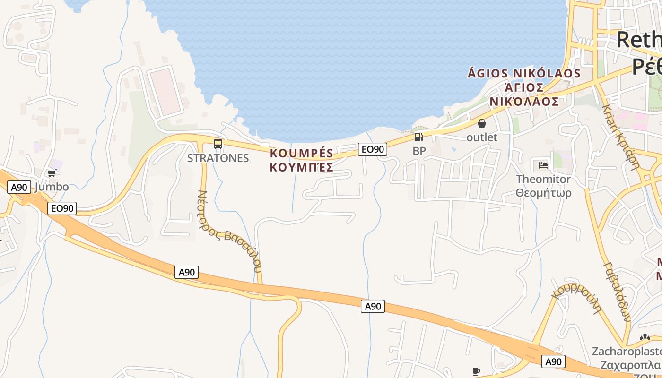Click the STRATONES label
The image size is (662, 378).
pos(218,158)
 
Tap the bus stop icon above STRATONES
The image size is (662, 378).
pos(218,144)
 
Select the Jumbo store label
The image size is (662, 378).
pos(52,187)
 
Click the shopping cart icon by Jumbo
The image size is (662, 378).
pos(52,173)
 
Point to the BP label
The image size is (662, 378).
pos(419,151)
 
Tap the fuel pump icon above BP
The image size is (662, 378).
pos(418,137)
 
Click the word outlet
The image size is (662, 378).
pos(482,137)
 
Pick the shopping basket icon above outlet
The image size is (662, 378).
pos(482,123)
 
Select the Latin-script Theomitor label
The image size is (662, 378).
pos(543,179)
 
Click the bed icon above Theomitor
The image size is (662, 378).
pos(543,165)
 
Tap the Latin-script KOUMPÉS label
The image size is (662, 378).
pos(302,153)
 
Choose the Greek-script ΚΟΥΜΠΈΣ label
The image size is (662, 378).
pos(302,167)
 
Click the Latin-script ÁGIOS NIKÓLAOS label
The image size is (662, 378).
pos(524,73)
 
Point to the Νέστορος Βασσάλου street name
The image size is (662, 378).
pos(231,231)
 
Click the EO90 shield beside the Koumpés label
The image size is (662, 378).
pos(373,149)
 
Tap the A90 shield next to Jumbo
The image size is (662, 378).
pos(19,187)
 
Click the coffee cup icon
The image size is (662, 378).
pos(476,371)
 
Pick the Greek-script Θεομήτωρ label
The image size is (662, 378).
pos(543,193)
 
